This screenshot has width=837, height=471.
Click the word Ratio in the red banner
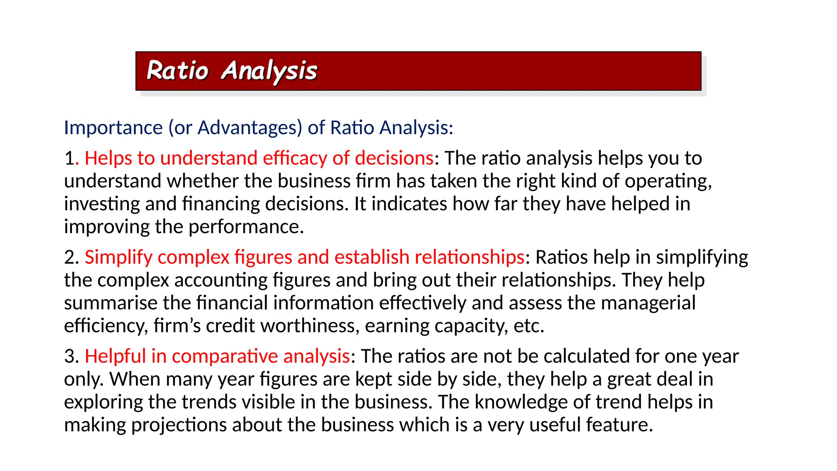coord(177,71)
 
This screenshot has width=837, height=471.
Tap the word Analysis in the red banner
coord(269,72)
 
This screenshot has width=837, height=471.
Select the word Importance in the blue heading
coord(113,128)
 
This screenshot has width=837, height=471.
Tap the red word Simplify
coord(119,258)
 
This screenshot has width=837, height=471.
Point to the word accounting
coord(221,280)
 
